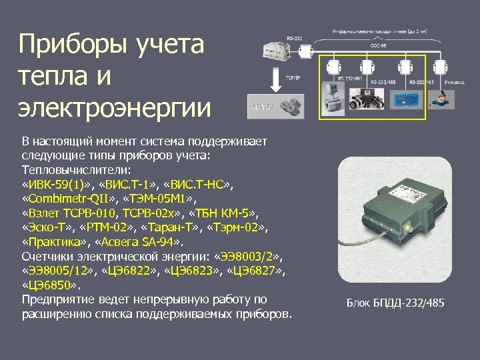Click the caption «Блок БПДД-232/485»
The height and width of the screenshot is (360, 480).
[395, 304]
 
